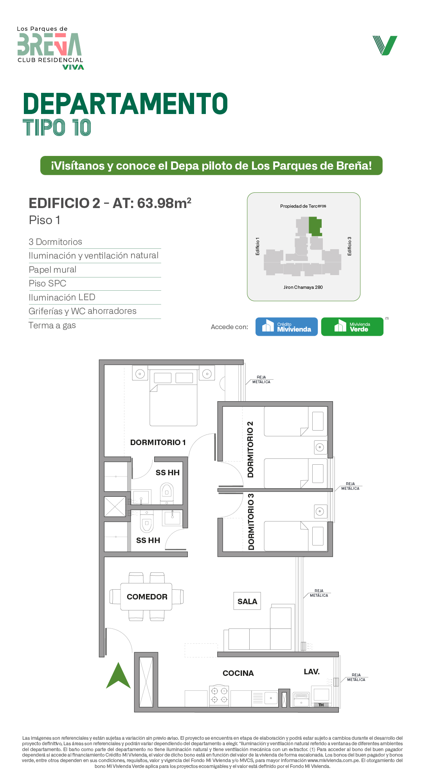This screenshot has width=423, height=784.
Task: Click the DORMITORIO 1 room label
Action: click(158, 442)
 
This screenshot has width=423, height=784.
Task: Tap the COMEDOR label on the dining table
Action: click(147, 597)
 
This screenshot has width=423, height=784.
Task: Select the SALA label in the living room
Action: click(247, 601)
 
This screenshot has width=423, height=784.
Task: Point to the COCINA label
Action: click(238, 673)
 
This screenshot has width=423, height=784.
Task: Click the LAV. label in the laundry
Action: click(311, 672)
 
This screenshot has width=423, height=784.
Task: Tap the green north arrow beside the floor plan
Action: click(118, 675)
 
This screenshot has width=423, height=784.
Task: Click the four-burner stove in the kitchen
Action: click(219, 695)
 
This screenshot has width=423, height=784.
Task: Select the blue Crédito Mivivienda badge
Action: click(286, 326)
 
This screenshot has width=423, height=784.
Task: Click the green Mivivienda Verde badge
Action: click(352, 326)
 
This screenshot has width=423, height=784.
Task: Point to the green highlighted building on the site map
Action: click(315, 226)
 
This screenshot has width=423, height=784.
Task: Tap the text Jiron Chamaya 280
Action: click(303, 287)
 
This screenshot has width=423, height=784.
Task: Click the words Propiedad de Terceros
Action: click(303, 206)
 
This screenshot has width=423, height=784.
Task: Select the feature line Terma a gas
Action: click(52, 325)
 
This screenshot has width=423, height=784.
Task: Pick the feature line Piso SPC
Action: click(47, 283)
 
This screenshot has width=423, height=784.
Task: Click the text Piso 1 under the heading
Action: click(45, 220)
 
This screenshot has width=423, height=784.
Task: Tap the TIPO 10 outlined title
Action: click(57, 128)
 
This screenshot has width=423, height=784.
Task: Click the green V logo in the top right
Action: click(385, 45)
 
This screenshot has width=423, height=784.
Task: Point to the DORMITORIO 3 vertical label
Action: click(251, 521)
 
